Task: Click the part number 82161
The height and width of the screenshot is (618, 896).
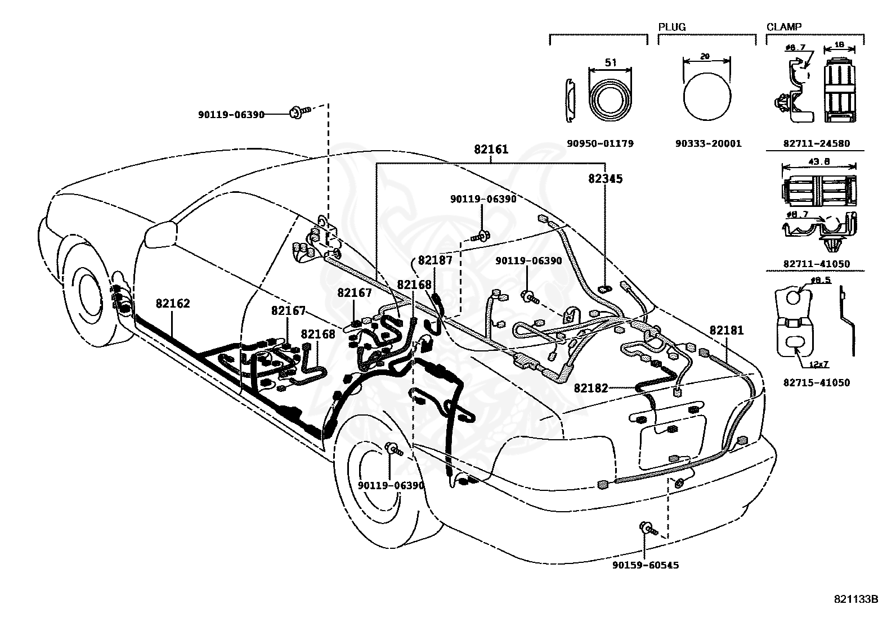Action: tap(491, 149)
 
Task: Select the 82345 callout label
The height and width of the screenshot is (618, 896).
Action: tap(605, 179)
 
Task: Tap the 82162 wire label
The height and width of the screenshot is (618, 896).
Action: tap(173, 304)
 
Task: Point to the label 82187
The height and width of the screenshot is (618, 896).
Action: tap(435, 260)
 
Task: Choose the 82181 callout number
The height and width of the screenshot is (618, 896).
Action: tap(727, 330)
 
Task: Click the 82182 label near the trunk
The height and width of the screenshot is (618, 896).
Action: tap(591, 388)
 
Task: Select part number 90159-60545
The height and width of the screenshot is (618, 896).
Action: tap(646, 565)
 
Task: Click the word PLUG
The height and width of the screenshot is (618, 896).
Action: tap(672, 27)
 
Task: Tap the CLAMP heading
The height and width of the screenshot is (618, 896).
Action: tap(784, 27)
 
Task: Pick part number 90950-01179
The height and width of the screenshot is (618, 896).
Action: tap(600, 143)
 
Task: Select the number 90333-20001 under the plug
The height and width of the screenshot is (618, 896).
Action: tap(709, 143)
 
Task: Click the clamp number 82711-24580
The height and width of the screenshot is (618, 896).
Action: tap(817, 143)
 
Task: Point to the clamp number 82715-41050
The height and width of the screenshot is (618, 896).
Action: tap(817, 382)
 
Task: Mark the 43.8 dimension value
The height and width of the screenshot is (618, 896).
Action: tap(819, 161)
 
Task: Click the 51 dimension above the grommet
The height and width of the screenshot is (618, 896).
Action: tap(611, 62)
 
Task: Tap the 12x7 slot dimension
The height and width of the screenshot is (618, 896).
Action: tap(818, 364)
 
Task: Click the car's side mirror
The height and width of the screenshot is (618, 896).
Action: tap(160, 235)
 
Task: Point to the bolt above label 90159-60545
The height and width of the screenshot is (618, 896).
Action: tap(648, 528)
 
